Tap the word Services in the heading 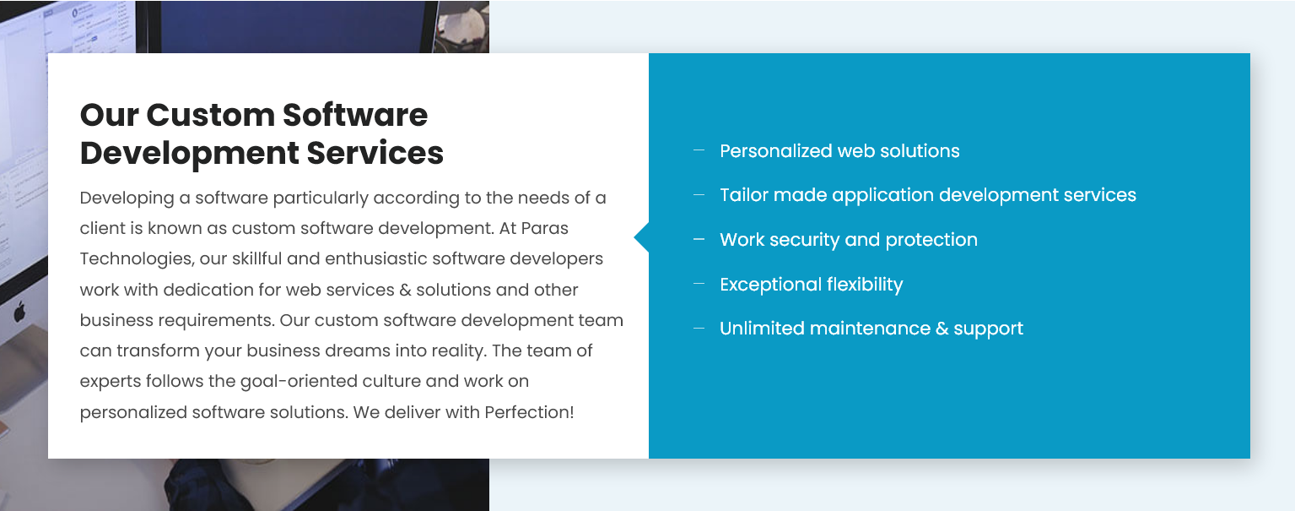(x=375, y=153)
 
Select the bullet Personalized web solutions (x=839, y=151)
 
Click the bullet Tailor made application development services (x=927, y=195)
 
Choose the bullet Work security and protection (x=848, y=240)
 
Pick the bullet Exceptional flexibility (x=811, y=285)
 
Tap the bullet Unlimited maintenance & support (x=871, y=329)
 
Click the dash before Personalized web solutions (x=699, y=150)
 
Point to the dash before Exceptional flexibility (x=699, y=284)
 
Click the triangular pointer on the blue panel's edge (x=642, y=238)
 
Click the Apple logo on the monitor (x=19, y=313)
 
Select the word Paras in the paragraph (x=546, y=229)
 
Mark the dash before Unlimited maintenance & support (x=699, y=328)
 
